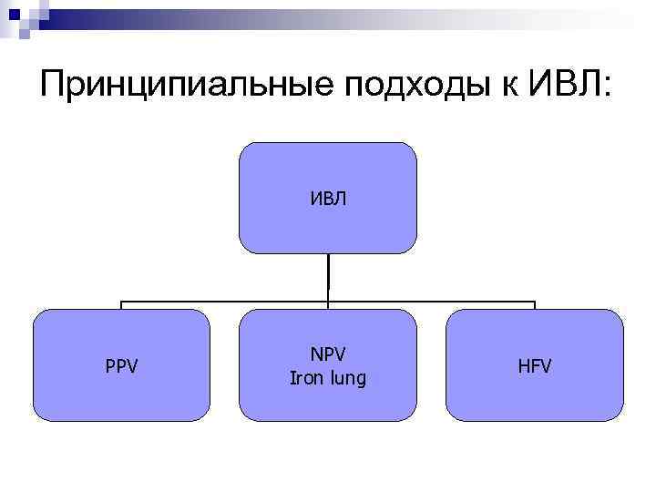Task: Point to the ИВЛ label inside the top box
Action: point(327,198)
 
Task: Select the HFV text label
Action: point(535,367)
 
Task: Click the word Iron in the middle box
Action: point(307,377)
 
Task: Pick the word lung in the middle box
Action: point(347,377)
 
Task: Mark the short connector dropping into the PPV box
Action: point(122,305)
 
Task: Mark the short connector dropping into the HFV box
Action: point(535,305)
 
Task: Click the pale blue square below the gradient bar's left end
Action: point(25,34)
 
